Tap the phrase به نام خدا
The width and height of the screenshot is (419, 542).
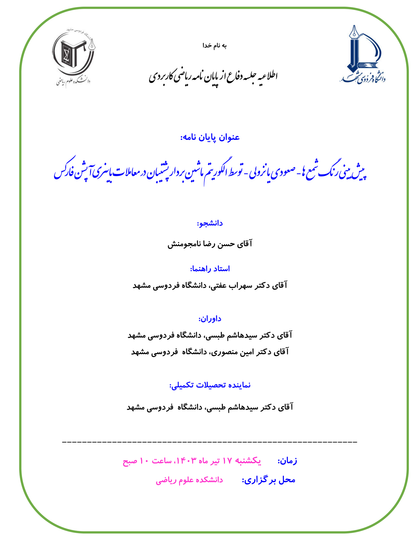(214, 45)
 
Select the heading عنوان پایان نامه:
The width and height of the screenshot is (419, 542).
(210, 137)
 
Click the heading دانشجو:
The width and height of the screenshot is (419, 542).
(210, 223)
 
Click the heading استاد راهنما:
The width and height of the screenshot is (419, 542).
(210, 269)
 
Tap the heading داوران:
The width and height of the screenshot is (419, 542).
(210, 319)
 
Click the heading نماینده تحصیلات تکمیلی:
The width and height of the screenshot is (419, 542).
(210, 385)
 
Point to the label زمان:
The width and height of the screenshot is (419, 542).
(287, 461)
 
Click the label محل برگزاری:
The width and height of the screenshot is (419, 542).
(268, 480)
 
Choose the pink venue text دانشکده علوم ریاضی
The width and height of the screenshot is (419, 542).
(189, 480)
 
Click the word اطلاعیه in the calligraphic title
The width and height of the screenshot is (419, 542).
(268, 76)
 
